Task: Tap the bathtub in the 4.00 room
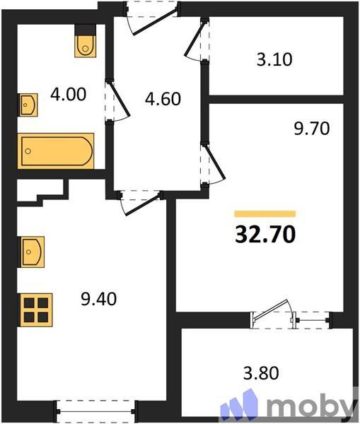[55, 150]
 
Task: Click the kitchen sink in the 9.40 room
[32, 252]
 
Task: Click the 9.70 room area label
[312, 129]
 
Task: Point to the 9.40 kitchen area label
[98, 299]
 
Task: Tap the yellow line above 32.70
[265, 213]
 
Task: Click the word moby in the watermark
[310, 407]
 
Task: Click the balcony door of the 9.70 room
[272, 313]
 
